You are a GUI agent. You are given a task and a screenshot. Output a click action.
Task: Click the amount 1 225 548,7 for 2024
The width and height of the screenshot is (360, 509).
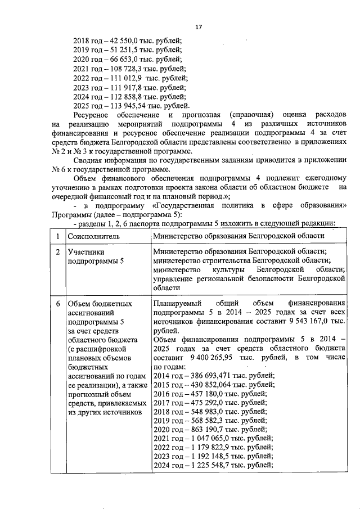209,465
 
